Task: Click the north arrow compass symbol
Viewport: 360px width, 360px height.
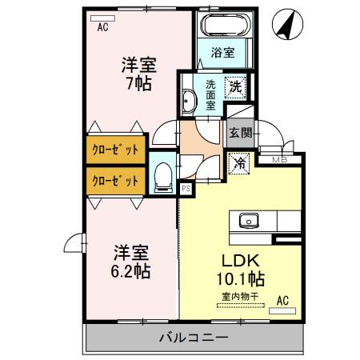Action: (x=287, y=24)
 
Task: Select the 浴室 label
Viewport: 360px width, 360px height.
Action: (x=223, y=53)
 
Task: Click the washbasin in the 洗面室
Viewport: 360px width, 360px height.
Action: (x=188, y=101)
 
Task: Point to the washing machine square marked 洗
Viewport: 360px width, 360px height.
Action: (x=235, y=87)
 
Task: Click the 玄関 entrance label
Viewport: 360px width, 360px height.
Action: (x=241, y=132)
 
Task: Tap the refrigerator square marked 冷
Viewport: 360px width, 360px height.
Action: (x=239, y=163)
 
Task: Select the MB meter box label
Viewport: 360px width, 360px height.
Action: (x=279, y=160)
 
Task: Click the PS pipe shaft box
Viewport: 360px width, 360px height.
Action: (x=186, y=189)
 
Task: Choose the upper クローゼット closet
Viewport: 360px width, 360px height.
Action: (x=116, y=150)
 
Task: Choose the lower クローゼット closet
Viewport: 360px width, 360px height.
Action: (x=116, y=182)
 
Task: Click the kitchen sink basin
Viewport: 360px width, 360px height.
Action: (x=249, y=220)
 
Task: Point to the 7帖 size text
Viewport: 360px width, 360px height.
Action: (x=139, y=83)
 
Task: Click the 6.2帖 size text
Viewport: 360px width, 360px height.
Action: (x=130, y=271)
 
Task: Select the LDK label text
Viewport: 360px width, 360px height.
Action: (x=241, y=261)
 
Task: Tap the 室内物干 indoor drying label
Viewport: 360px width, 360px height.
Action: (x=240, y=297)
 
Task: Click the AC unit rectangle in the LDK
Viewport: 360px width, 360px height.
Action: (x=282, y=311)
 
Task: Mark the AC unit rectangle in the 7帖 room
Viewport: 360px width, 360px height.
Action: (x=102, y=18)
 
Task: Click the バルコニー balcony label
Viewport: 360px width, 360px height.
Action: (x=194, y=338)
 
